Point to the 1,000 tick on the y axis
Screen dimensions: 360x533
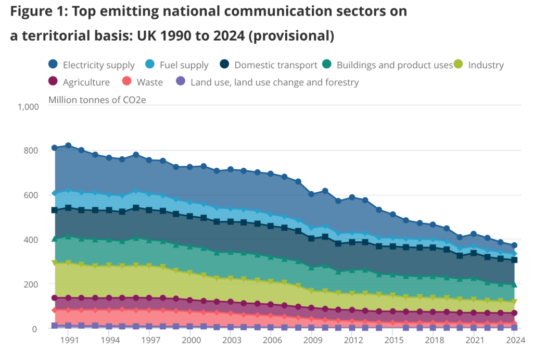tap(29, 106)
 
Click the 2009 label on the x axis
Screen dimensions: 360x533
tap(312, 340)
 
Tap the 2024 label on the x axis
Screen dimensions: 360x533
tap(514, 340)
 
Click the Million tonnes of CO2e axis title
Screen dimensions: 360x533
tap(97, 99)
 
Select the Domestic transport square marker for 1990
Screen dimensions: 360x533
tap(55, 210)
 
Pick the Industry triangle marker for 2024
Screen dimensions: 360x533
tap(514, 302)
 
